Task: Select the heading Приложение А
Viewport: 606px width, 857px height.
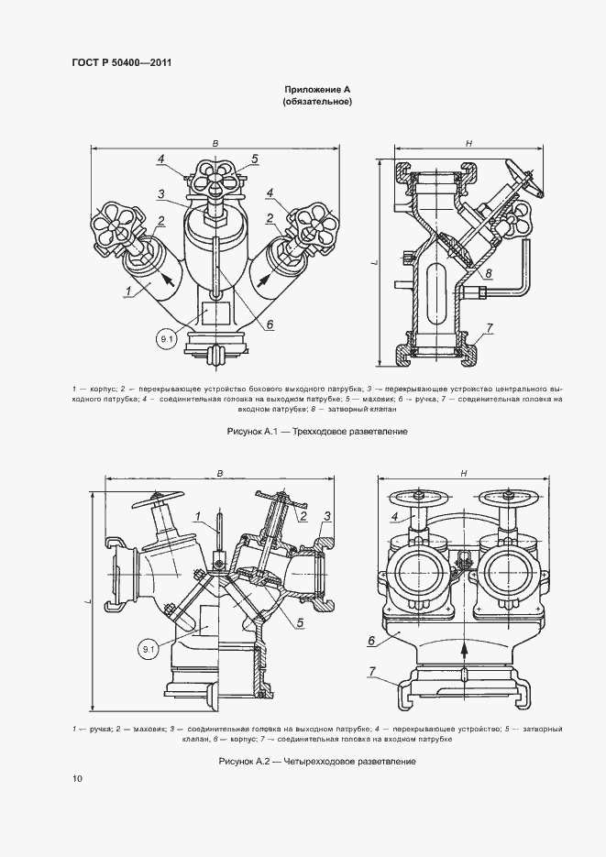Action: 317,90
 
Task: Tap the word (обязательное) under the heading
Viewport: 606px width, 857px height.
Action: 317,103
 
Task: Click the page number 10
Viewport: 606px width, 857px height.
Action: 76,779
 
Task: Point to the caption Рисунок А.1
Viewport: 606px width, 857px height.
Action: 316,431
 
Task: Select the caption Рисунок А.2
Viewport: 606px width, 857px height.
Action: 316,762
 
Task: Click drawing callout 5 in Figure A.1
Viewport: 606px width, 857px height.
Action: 256,159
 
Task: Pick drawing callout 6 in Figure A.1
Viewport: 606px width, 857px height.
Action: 270,323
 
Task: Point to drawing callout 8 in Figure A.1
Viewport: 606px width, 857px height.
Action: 489,273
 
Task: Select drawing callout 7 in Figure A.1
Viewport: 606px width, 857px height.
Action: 490,327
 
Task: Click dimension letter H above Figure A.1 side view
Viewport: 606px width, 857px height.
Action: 468,143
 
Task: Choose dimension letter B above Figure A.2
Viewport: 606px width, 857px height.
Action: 219,473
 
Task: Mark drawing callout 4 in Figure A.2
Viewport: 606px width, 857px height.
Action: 395,517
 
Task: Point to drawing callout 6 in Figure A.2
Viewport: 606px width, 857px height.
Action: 372,640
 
